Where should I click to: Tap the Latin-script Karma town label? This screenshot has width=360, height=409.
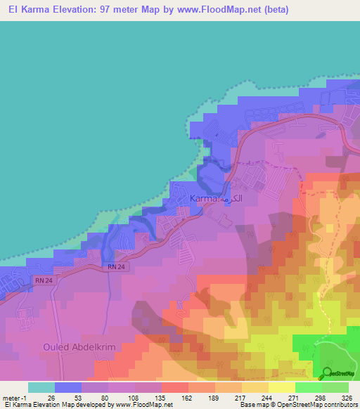pos(203,199)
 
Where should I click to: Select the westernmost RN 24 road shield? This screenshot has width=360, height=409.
pos(41,280)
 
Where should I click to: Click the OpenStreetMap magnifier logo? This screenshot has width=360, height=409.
pos(328,373)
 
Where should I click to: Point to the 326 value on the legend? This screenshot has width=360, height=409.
pos(348,397)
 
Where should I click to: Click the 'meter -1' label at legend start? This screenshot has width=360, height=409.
pos(15,397)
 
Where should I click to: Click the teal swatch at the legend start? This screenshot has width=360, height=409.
pos(41,387)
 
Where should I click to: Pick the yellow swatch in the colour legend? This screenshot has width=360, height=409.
pos(281,387)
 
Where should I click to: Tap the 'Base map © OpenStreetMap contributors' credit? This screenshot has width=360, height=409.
pos(296,405)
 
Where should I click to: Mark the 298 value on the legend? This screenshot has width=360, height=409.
pos(321,397)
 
